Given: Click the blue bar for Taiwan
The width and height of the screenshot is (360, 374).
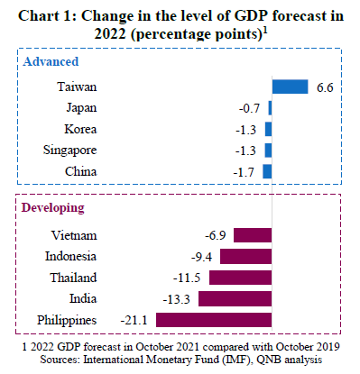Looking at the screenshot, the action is (x=290, y=87).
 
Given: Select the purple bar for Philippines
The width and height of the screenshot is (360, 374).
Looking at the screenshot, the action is (x=214, y=320).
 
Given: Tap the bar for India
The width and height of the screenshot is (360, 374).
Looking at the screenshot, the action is (x=235, y=299).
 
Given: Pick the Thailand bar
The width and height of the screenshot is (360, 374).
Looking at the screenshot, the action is (x=240, y=278).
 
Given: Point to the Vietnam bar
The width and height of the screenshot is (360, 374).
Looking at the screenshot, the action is (x=253, y=235).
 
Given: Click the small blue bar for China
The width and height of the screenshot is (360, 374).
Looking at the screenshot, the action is (x=267, y=171).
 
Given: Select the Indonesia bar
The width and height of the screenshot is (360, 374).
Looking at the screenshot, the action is (x=245, y=257).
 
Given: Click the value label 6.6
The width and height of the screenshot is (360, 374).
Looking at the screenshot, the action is (x=325, y=87).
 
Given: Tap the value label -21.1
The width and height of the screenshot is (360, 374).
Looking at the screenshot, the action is (x=134, y=320).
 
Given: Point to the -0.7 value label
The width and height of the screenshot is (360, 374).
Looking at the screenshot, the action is (x=249, y=108).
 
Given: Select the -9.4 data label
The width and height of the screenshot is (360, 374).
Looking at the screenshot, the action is (x=201, y=257).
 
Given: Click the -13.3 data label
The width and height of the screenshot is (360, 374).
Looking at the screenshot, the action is (x=177, y=299).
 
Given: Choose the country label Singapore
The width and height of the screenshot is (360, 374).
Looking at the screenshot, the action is (x=69, y=151).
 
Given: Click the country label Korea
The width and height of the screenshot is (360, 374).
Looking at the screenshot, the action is (x=80, y=129).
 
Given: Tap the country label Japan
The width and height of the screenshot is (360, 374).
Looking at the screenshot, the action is (x=81, y=108).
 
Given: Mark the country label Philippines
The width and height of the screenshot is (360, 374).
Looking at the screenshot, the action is (x=67, y=320).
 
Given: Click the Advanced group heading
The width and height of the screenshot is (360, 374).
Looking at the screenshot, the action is (x=51, y=61).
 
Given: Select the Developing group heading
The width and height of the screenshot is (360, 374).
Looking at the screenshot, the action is (x=52, y=208).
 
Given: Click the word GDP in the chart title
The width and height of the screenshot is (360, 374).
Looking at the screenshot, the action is (x=251, y=15).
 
